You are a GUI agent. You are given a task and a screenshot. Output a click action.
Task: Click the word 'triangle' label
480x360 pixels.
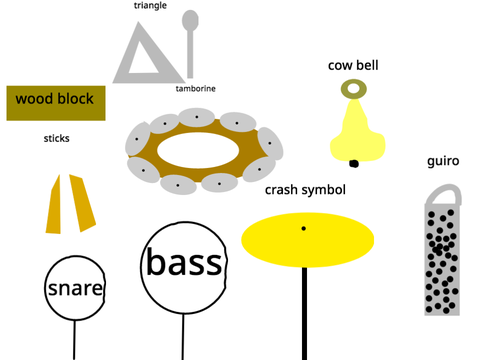click(x=150, y=6)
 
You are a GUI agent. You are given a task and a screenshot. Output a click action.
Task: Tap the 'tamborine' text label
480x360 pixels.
click(x=196, y=89)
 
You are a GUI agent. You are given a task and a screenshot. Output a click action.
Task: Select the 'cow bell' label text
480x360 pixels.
click(x=353, y=65)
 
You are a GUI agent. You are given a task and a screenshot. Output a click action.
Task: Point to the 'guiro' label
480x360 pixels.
click(x=443, y=161)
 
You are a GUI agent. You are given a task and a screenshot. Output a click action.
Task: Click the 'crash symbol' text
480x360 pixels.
click(x=305, y=190)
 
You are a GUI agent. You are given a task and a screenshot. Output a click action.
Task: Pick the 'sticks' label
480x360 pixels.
click(x=56, y=138)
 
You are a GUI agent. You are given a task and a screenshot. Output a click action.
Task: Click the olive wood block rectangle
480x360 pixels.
click(x=56, y=103)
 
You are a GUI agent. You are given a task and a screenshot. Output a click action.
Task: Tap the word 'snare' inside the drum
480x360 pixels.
click(x=75, y=289)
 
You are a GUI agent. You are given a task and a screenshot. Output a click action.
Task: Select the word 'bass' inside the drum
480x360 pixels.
click(x=184, y=263)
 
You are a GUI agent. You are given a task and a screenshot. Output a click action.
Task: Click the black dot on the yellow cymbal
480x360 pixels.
click(x=304, y=228)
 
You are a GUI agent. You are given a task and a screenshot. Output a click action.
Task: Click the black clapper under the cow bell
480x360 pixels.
click(x=354, y=164)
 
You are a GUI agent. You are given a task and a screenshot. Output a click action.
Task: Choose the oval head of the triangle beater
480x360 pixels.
click(x=190, y=20)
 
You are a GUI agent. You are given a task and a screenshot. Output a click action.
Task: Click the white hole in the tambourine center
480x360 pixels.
click(x=198, y=150)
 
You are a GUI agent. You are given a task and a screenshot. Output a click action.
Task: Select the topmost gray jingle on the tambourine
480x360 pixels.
click(x=197, y=117)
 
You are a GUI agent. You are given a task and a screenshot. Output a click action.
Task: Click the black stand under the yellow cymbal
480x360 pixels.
click(x=304, y=313)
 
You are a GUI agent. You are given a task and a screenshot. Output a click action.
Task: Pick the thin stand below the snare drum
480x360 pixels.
click(x=74, y=340)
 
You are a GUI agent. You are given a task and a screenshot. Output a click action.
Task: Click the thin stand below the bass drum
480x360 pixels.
click(x=183, y=337)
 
